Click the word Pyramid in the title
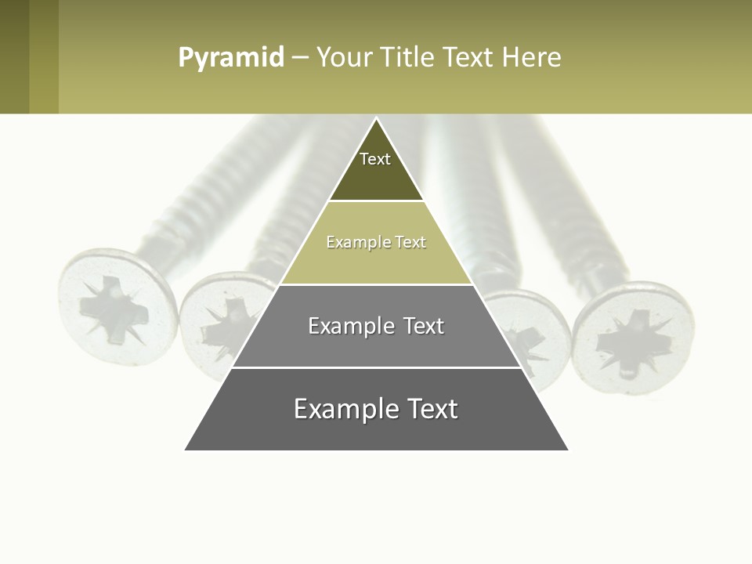(x=230, y=58)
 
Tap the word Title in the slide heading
(x=410, y=57)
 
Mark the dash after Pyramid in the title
(x=300, y=58)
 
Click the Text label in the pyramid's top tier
(x=375, y=159)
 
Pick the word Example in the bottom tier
(x=342, y=409)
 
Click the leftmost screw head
(x=117, y=306)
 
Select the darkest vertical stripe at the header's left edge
(x=14, y=57)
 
